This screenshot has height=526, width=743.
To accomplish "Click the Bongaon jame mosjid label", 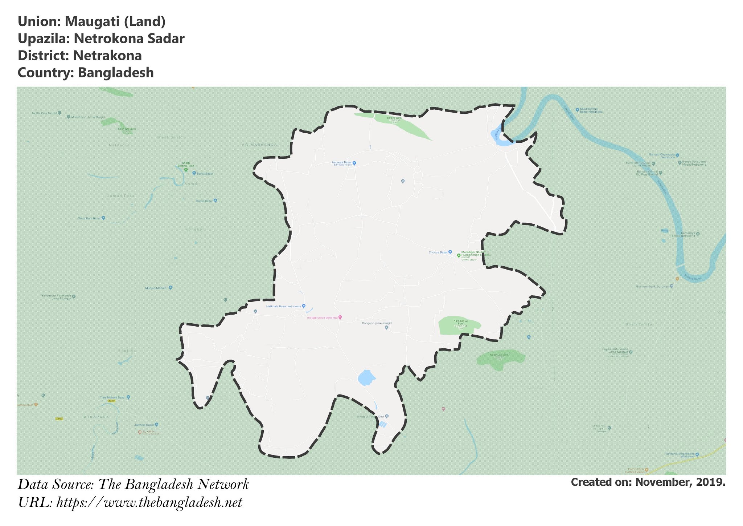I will [x=377, y=323].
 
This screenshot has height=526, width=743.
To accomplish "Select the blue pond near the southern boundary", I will [x=366, y=378].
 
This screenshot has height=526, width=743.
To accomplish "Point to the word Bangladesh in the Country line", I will [x=116, y=73].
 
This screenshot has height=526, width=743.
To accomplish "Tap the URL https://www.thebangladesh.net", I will [x=149, y=503].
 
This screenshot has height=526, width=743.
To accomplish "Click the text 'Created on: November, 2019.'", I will [x=648, y=482].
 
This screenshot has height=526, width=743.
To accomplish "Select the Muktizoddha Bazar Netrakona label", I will [x=591, y=110].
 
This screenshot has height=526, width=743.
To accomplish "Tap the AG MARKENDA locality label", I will [x=259, y=145].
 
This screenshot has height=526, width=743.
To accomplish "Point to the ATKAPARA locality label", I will [x=96, y=417].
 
